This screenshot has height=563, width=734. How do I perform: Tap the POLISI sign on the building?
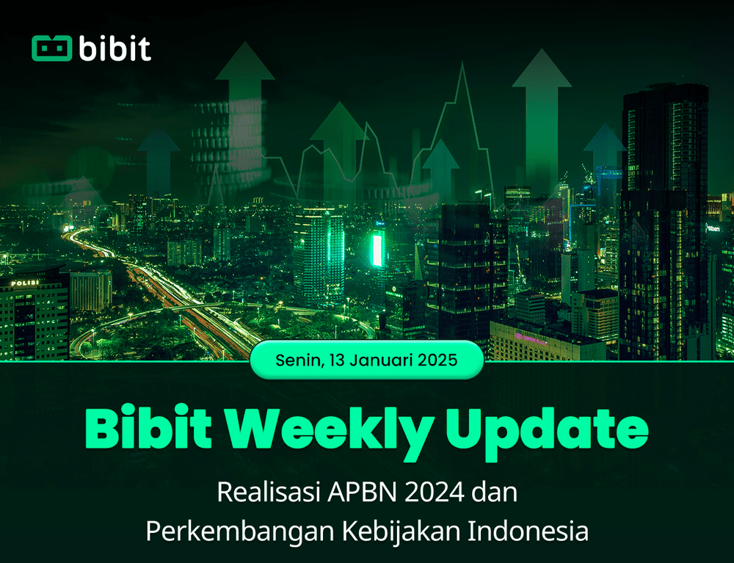26,283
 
